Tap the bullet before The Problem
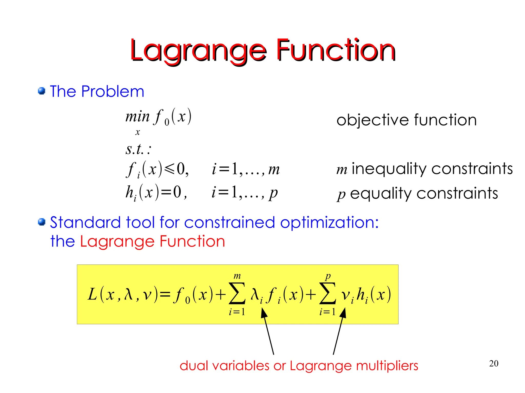(42, 91)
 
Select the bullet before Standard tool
(42, 222)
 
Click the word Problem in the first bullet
(113, 91)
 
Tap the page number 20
(494, 363)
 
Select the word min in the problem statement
(137, 117)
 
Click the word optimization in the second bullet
(329, 222)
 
